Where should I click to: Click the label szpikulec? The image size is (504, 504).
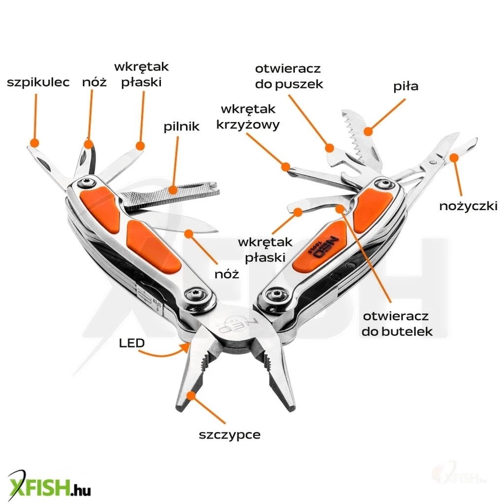38,82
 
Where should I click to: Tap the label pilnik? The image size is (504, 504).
182,126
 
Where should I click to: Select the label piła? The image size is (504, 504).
406,87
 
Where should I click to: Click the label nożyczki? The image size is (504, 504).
468,206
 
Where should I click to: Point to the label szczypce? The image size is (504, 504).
230,435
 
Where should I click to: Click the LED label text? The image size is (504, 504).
132,343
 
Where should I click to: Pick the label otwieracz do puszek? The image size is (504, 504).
289,76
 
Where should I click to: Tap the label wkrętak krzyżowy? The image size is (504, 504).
248,116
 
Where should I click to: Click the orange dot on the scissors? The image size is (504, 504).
454,157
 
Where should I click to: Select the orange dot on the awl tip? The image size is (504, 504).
33,142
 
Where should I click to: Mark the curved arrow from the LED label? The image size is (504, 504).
165,353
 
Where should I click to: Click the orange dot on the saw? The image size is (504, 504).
367,131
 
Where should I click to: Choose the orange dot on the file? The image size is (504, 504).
172,189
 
